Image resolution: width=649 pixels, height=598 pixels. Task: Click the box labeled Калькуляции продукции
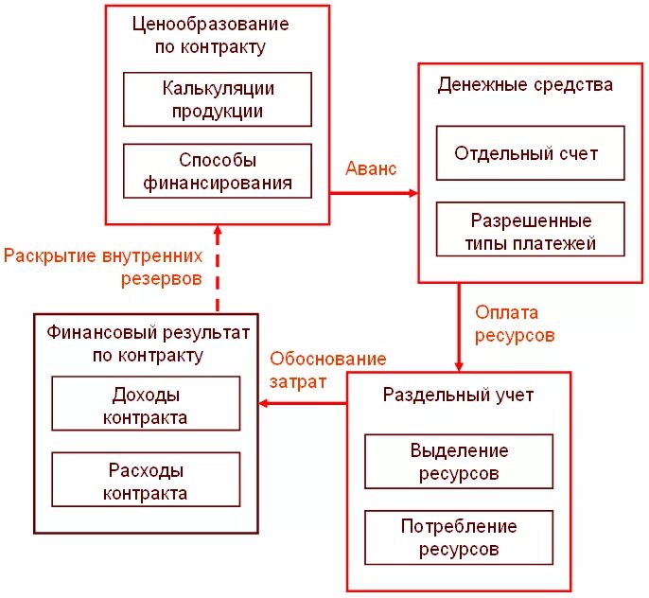coord(218,99)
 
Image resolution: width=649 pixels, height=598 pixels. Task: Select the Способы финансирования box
coord(218,171)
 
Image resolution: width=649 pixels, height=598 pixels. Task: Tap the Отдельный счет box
coord(530,153)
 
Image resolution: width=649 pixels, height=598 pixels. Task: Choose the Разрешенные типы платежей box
coord(530,231)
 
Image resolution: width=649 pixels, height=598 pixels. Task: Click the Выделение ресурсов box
coord(458,462)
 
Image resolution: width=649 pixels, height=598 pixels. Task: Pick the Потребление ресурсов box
coord(458,537)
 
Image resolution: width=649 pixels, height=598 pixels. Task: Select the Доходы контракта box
coord(146,404)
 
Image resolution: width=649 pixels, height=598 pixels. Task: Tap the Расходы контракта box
coord(146,480)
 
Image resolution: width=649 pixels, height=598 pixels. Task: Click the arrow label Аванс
coord(371,168)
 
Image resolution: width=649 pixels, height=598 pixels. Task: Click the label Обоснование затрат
coord(326,370)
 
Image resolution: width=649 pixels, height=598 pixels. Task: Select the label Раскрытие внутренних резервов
coord(104,268)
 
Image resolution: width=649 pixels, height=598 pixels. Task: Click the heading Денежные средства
coord(525,85)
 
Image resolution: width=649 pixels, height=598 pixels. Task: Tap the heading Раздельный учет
coord(458,395)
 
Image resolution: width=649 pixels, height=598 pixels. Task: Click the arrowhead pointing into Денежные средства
coord(412,193)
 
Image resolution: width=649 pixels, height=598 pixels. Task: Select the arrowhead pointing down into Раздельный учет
coord(459,366)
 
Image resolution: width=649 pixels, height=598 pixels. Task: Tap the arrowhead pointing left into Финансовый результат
coord(266,404)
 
